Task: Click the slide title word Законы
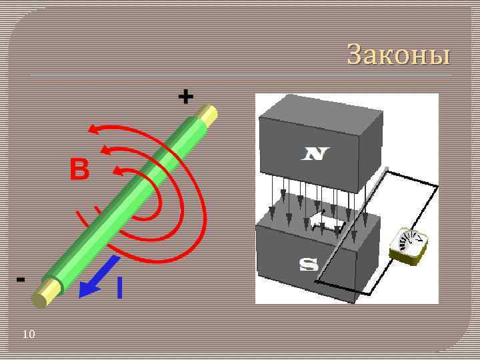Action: (399, 55)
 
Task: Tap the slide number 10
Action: (28, 334)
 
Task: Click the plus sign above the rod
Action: (185, 98)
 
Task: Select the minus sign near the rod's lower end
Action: (21, 279)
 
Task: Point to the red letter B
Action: (79, 171)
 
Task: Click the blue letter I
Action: (119, 288)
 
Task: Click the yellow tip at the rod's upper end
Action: (209, 115)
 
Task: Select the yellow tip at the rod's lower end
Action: (44, 294)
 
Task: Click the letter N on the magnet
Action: (315, 155)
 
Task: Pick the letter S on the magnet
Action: (308, 265)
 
